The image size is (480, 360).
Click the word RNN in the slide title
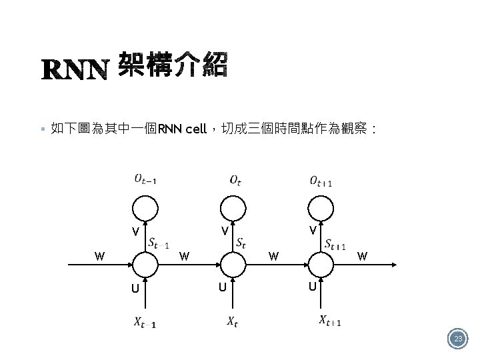[75, 69]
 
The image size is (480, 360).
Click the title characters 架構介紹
[173, 67]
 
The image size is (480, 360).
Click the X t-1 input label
[145, 323]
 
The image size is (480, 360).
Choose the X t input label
[231, 323]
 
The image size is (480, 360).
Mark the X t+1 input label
[330, 321]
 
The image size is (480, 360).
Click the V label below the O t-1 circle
[135, 233]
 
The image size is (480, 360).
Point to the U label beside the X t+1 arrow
[312, 287]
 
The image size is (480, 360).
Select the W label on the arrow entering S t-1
[99, 255]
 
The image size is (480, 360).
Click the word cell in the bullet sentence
[196, 129]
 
